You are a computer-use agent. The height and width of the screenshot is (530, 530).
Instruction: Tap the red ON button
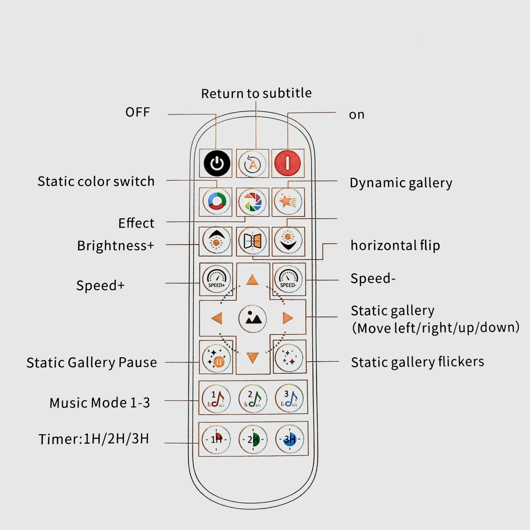[x=287, y=163]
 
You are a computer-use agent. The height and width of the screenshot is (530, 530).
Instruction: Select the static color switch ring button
[x=216, y=202]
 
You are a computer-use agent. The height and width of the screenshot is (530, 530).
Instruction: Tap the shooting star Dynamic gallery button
[x=288, y=202]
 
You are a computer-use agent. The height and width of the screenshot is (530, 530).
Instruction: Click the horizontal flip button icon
[x=253, y=241]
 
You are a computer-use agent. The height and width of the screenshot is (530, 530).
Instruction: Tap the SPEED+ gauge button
[x=216, y=279]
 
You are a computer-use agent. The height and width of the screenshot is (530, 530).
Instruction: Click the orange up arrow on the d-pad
[x=252, y=280]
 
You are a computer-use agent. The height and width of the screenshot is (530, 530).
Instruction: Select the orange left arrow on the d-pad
[x=217, y=318]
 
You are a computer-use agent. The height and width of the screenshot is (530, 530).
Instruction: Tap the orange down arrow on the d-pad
[x=253, y=357]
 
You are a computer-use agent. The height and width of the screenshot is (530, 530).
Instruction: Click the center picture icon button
[x=253, y=318]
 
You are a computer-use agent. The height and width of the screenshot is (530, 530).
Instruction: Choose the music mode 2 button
[x=253, y=399]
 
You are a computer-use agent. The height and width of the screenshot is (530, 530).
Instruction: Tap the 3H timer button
[x=289, y=439]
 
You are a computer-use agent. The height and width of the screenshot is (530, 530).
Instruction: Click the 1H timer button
[x=216, y=439]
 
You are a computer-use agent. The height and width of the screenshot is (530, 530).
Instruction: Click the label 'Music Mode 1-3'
[x=100, y=403]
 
